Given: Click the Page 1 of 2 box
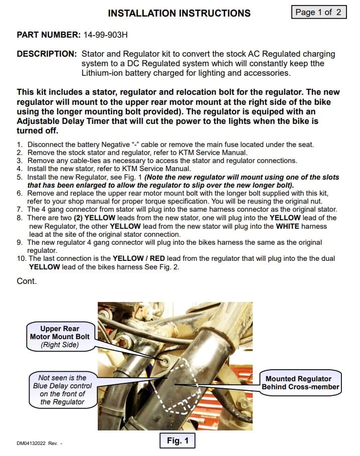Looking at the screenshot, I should click(x=319, y=12).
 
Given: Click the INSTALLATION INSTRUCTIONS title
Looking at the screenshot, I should click(x=179, y=13).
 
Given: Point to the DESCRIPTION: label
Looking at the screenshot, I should click(x=47, y=54).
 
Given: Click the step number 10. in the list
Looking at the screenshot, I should click(x=22, y=258).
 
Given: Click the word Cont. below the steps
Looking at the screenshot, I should click(x=27, y=281).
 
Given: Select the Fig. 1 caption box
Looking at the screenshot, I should click(x=177, y=440).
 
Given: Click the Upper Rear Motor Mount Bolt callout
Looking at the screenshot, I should click(x=60, y=337).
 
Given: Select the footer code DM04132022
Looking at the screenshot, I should click(x=33, y=443).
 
